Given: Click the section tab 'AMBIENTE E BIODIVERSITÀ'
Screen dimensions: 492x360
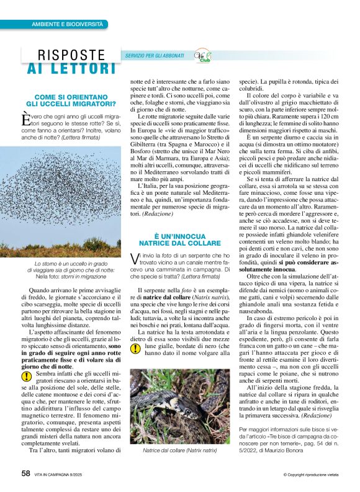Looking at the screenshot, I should pos(67,24).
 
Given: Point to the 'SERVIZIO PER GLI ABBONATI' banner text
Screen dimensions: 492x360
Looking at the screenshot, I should pos(155,56).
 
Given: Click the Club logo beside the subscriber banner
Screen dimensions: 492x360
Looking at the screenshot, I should pos(203,56).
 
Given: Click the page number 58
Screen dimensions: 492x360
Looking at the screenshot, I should pos(25,472).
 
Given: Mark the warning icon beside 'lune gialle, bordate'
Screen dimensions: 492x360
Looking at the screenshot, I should pos(135,349).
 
